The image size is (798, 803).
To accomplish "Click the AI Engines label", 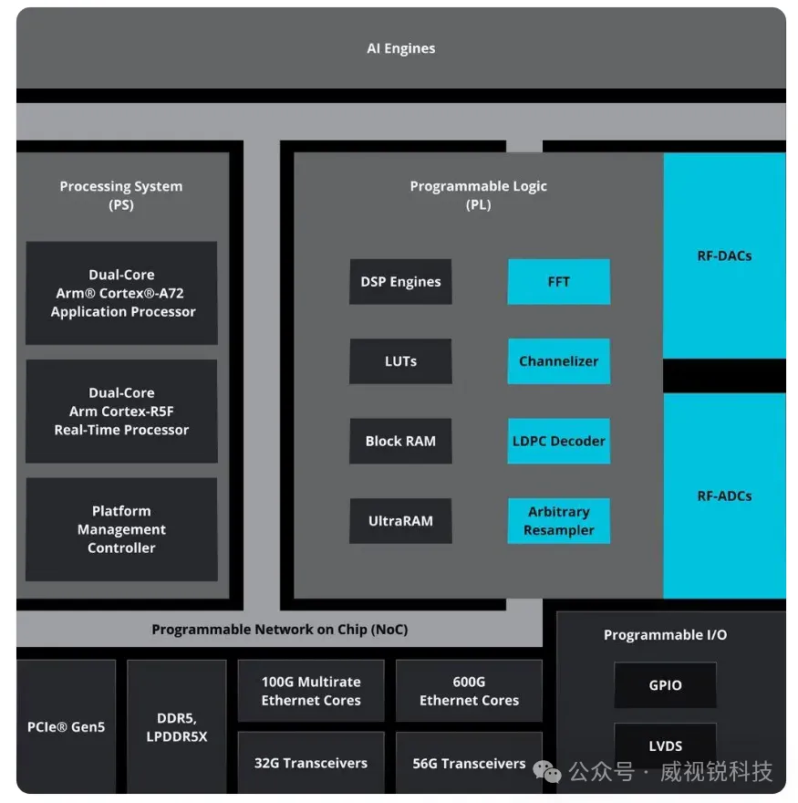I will coord(401,48).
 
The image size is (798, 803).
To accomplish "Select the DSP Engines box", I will coord(400,282).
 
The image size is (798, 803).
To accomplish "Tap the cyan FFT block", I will coord(558,282).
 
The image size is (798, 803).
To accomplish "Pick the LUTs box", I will coord(400,361).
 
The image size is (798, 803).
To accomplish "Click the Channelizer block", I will coord(558,361).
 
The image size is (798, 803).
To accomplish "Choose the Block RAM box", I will coord(400,441).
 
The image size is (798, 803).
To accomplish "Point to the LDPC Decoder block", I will coord(558,441).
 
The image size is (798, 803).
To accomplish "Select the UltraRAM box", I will coord(400,521).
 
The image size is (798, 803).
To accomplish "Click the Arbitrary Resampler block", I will coord(558,521).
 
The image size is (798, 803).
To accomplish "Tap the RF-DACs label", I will coord(724,255).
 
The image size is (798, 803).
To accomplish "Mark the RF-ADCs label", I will coord(724,496).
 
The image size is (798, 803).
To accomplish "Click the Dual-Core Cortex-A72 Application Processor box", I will coord(121,293).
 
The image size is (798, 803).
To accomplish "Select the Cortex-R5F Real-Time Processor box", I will coord(121,412).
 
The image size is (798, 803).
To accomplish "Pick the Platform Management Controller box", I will coord(121,529).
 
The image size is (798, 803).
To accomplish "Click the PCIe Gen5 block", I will coord(66,727).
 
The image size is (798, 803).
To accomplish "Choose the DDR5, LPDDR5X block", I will coord(176,727).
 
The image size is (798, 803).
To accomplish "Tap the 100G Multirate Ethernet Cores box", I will coord(311,691).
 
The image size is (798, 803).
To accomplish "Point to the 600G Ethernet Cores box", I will coord(469,691).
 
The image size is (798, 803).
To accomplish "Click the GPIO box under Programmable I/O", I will coord(665,685).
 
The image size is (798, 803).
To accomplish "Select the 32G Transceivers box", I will coord(311,763).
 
